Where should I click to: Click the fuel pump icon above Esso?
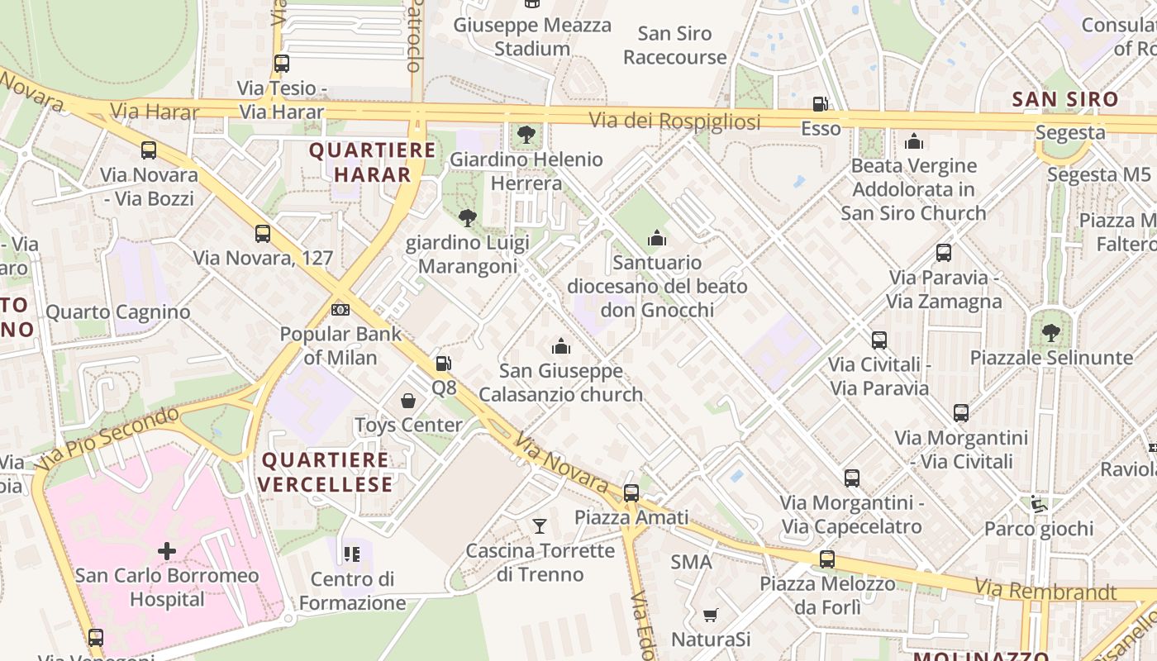tap(820, 104)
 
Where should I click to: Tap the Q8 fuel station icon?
tap(443, 364)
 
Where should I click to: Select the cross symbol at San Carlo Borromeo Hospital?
tap(167, 550)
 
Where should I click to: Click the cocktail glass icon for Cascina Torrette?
tap(540, 525)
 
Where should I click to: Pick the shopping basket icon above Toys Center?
tap(408, 402)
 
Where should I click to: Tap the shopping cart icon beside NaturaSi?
tap(709, 615)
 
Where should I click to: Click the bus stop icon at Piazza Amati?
tap(631, 493)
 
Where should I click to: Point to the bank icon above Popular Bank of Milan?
tap(340, 310)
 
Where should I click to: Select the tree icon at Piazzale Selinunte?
tap(1050, 333)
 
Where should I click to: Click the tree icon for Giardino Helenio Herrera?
tap(526, 134)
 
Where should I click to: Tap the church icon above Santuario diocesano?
tap(657, 239)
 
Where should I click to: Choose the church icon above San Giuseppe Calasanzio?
tap(561, 346)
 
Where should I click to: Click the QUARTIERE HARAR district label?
tap(372, 162)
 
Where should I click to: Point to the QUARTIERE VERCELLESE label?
tap(327, 472)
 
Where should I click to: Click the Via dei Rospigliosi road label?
tap(674, 121)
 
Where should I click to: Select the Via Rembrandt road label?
tap(1046, 590)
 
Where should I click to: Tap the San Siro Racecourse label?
tap(674, 45)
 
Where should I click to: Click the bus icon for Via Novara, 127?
tap(263, 234)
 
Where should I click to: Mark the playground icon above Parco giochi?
tap(1039, 504)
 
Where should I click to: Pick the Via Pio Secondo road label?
tap(114, 435)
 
